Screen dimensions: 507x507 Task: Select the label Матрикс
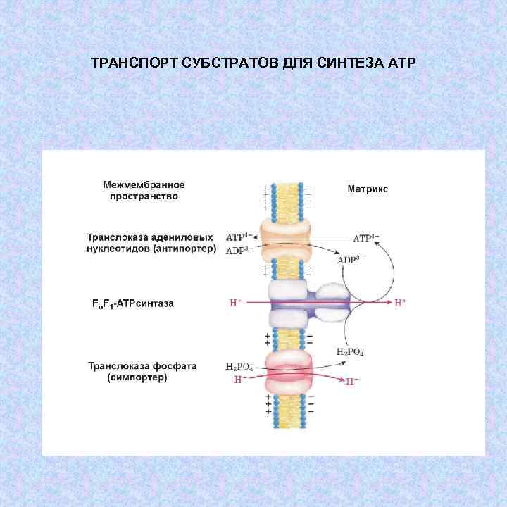368,189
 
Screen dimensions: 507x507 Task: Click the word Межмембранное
144,184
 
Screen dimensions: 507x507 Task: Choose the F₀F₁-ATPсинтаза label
133,303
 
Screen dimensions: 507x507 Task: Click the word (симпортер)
137,377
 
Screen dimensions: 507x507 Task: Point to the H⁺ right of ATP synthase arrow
401,303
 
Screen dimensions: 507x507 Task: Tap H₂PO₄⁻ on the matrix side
350,351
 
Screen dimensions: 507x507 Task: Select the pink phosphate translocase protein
287,373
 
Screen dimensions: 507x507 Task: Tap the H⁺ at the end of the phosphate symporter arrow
352,382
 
